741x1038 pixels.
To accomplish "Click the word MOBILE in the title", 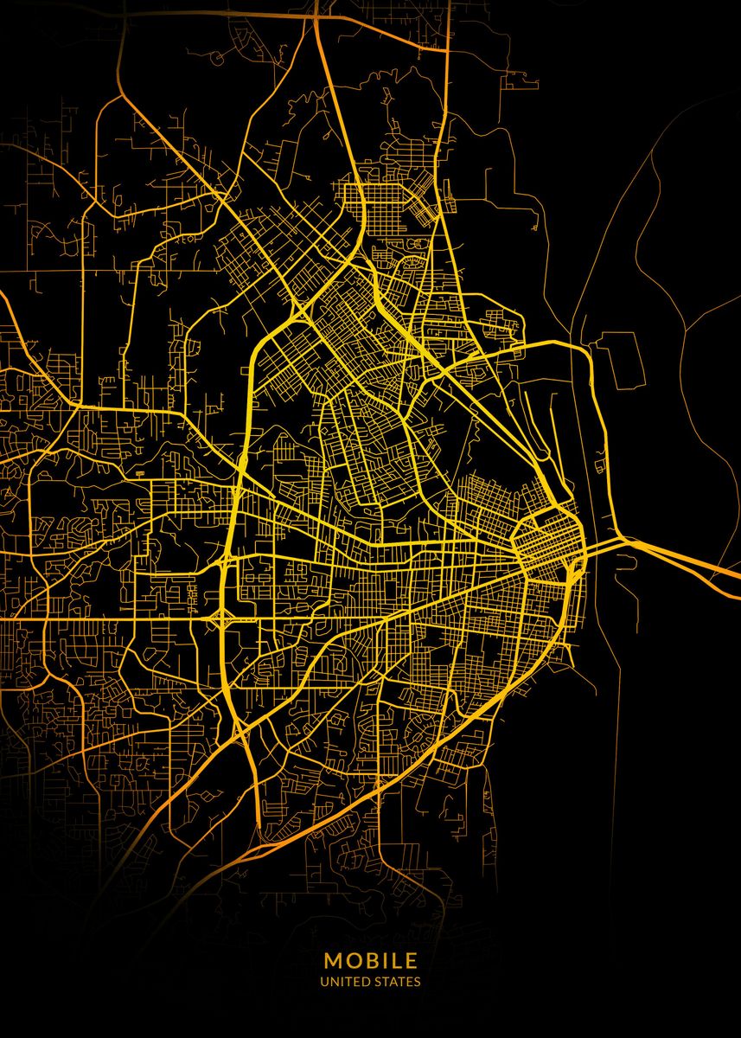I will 371,960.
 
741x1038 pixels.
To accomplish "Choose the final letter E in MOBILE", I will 412,960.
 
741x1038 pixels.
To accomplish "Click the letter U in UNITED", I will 323,982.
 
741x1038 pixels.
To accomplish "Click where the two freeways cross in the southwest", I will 244,728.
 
